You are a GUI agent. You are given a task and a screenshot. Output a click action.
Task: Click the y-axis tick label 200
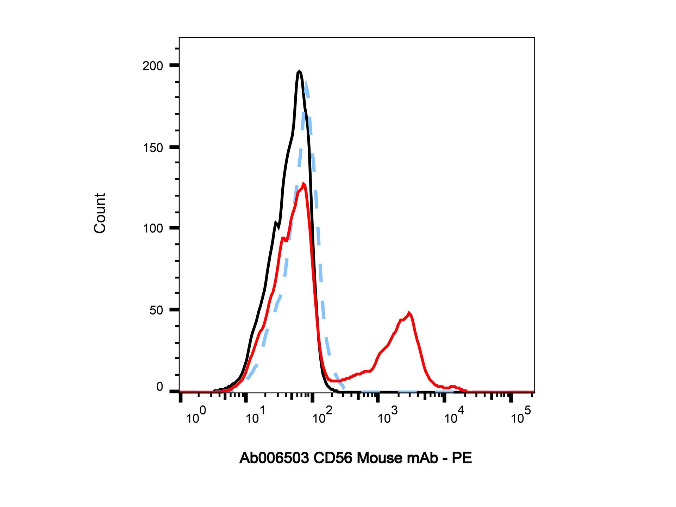coord(153,66)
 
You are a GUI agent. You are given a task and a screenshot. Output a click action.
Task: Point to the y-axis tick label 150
coord(153,148)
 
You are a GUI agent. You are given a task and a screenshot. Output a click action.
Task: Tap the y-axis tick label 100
coord(153,229)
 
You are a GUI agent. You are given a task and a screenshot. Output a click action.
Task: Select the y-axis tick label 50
coord(156,311)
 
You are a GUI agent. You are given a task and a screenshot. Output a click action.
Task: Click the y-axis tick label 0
coord(159,387)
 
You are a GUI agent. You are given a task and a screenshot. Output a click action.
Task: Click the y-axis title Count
coord(100,213)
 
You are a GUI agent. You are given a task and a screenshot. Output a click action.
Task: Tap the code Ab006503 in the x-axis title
coord(274,458)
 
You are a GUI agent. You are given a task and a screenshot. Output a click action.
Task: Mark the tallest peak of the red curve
coord(303,183)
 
